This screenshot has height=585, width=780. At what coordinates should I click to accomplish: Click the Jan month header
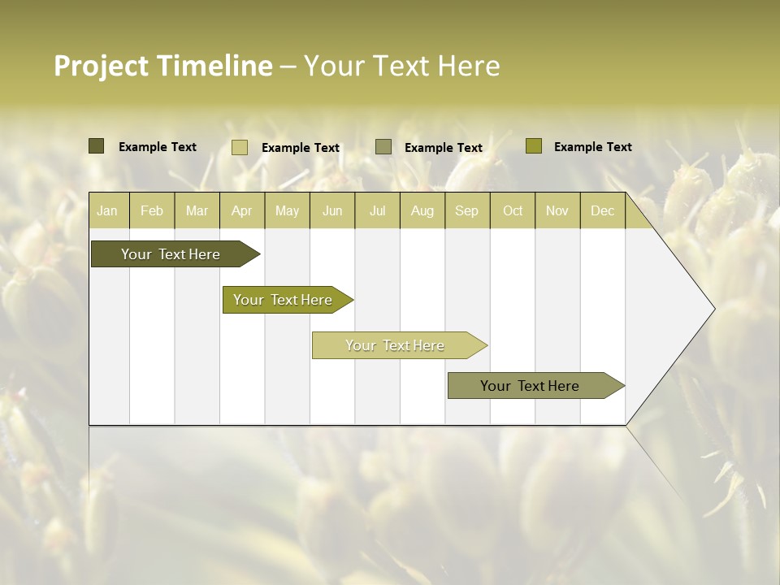coord(108,210)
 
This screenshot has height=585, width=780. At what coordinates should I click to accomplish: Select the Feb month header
coord(152,210)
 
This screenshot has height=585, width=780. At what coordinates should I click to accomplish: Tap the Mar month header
coord(197,210)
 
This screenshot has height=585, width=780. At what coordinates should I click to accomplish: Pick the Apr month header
coord(242,210)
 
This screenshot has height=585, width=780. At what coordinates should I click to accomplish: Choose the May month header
coord(287,210)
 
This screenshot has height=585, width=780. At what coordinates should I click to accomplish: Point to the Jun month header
coord(332,210)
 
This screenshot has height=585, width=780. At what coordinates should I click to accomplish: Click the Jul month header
coord(377,210)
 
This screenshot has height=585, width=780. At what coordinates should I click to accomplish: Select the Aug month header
coord(422,210)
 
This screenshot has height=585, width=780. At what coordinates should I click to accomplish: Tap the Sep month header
coord(467,210)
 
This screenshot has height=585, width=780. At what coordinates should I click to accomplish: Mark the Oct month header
coord(513,210)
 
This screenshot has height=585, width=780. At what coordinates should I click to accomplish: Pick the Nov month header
coord(557,210)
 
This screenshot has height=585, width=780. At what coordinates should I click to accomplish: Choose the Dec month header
coord(603,210)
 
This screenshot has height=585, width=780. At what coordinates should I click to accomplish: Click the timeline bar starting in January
coord(171,254)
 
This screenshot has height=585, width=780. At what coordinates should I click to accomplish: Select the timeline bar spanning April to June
coord(284,300)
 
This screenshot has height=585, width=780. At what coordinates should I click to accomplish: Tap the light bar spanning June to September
coord(396,345)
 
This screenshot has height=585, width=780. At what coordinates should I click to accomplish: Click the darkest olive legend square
coord(96,146)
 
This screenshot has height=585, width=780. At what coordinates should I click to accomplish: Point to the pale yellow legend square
coord(240,147)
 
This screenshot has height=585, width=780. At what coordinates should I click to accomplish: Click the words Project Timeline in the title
coord(163,66)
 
